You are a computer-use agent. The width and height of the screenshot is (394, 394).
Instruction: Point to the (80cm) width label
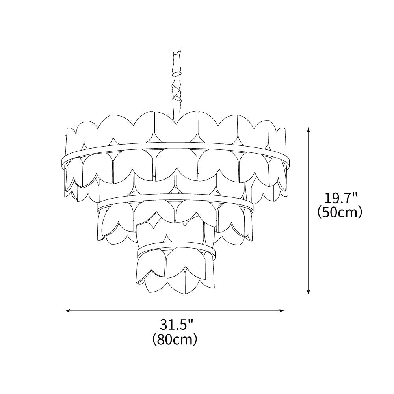[175, 339]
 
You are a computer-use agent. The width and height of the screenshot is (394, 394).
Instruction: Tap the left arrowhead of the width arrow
[68, 311]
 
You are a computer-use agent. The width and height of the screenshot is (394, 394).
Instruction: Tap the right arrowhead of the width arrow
[282, 311]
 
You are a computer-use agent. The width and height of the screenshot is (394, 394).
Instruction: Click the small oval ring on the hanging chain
[177, 74]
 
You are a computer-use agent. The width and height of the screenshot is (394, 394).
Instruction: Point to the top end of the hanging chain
[177, 50]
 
